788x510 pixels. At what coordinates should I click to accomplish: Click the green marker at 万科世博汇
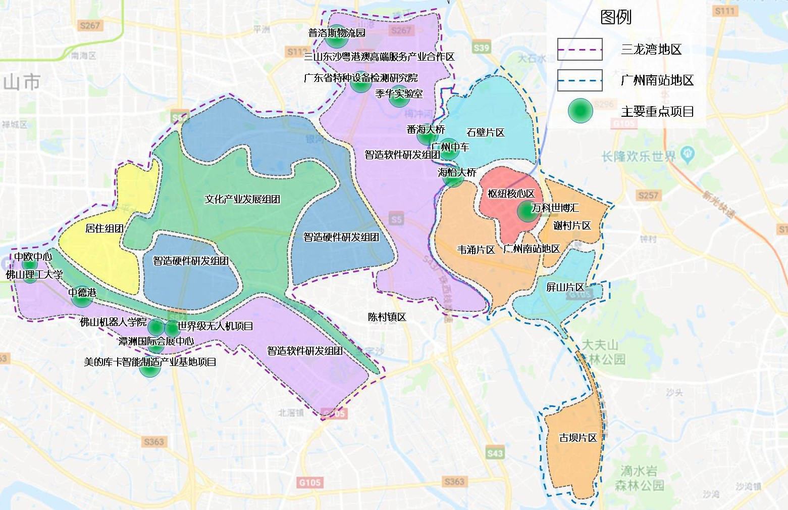coord(528,211)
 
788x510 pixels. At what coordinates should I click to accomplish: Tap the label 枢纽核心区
coord(511,194)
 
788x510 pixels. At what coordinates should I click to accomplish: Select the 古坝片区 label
coord(578,438)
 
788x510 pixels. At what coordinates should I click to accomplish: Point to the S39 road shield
coord(481,48)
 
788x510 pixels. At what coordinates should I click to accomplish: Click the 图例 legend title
coord(616,17)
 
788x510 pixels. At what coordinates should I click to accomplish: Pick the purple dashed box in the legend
coord(580,50)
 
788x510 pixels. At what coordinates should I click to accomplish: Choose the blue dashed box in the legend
coord(580,80)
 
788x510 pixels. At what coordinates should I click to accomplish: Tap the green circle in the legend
coord(580,111)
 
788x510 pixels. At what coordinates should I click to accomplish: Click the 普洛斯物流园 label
coord(337,33)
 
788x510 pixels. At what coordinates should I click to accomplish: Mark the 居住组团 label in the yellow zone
coord(104,228)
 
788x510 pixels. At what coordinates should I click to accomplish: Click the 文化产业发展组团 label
coord(242,199)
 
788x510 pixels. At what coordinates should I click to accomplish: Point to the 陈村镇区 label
coord(387,317)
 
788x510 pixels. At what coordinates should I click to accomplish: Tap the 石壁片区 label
coord(486,132)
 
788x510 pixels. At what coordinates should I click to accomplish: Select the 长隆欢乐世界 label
coord(639,156)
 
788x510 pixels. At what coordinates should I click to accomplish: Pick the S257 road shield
coord(648,195)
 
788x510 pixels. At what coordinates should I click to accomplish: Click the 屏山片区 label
coord(565,287)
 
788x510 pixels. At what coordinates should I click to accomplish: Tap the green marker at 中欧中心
coord(30,264)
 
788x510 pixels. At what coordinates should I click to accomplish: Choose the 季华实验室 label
coord(399,94)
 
